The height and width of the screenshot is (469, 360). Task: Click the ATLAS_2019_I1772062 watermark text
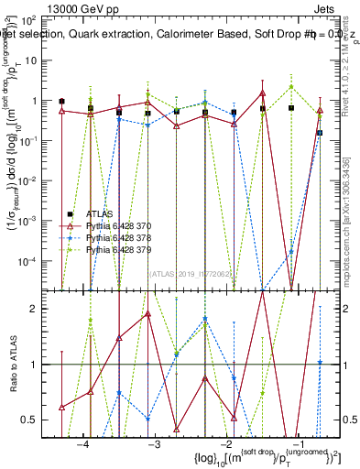tap(191, 272)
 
